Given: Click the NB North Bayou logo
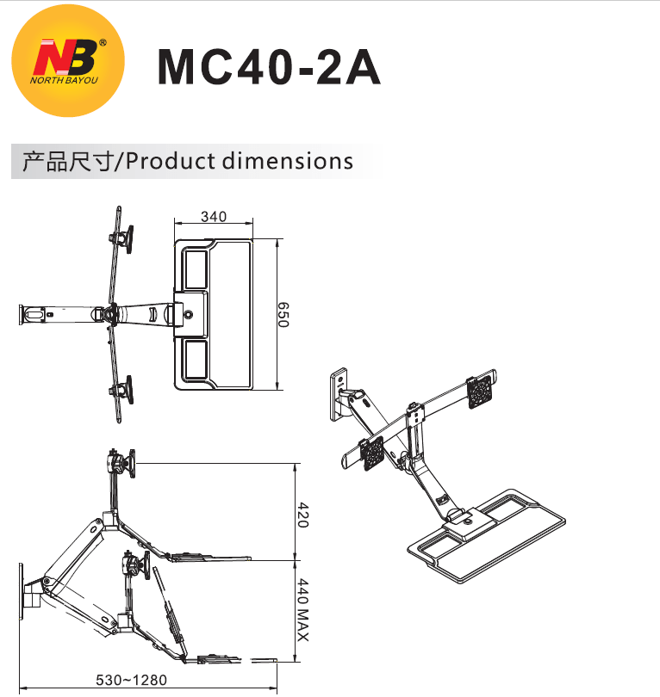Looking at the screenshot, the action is (68, 60).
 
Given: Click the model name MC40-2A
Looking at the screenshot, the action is (269, 67).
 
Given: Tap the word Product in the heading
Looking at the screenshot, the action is (171, 161).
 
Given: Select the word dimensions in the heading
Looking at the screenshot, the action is (288, 161).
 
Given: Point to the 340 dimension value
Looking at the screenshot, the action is (214, 217).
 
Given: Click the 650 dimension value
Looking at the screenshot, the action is (283, 315).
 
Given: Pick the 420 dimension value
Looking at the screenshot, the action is (302, 515).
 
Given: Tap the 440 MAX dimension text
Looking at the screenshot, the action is (302, 610).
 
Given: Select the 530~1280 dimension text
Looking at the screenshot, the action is (131, 680).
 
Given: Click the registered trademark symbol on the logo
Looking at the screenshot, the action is (103, 43).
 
